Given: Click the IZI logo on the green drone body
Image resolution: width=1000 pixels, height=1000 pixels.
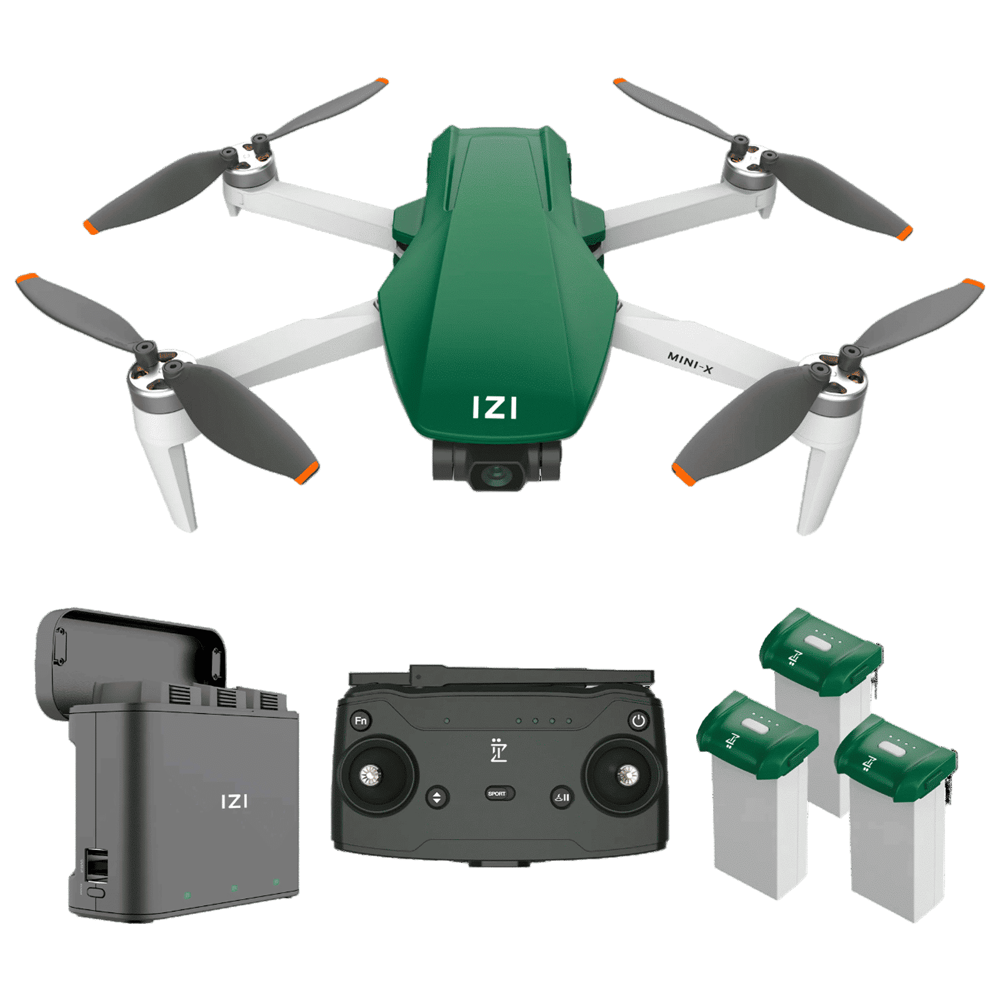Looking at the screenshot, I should click(x=494, y=407).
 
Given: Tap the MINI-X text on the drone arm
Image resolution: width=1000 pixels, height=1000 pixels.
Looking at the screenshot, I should click(x=690, y=363).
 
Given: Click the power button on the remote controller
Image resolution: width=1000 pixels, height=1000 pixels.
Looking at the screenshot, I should click(x=638, y=721).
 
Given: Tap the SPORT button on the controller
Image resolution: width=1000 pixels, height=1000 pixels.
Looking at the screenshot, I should click(x=497, y=794).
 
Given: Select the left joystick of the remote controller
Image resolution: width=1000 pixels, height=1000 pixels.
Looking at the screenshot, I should click(x=370, y=776).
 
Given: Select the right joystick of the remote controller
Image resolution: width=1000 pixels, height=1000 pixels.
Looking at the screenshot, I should click(x=626, y=776).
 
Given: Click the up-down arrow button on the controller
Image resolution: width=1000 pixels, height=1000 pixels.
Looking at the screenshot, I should click(x=437, y=797).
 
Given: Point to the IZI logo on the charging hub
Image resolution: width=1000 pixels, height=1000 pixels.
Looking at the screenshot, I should click(x=234, y=801).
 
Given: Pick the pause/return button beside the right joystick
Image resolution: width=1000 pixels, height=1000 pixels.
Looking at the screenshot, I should click(x=561, y=797).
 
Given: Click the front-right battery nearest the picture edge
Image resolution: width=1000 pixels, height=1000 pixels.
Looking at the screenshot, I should click(x=897, y=819).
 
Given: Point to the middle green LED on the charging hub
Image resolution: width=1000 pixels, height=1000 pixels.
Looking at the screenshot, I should click(x=234, y=888).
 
